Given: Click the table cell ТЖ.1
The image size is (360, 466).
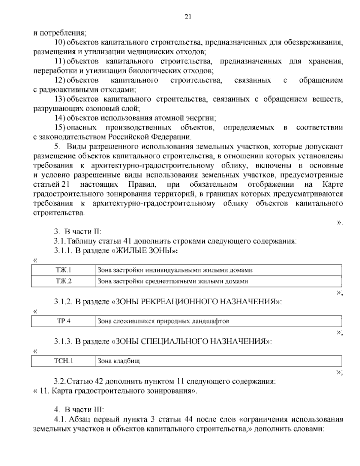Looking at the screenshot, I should [x=63, y=270].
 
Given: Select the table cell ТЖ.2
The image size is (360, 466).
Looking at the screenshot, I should [x=63, y=281].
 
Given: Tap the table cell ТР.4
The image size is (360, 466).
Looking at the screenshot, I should [x=63, y=321].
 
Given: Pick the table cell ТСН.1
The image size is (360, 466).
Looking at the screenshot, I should [x=63, y=361].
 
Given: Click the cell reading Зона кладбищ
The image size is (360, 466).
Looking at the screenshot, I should [x=118, y=361].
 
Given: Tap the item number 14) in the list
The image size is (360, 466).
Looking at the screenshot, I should [x=60, y=118].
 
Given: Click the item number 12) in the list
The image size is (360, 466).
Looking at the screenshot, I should [x=60, y=80].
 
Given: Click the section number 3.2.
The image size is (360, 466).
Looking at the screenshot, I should [x=59, y=382].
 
